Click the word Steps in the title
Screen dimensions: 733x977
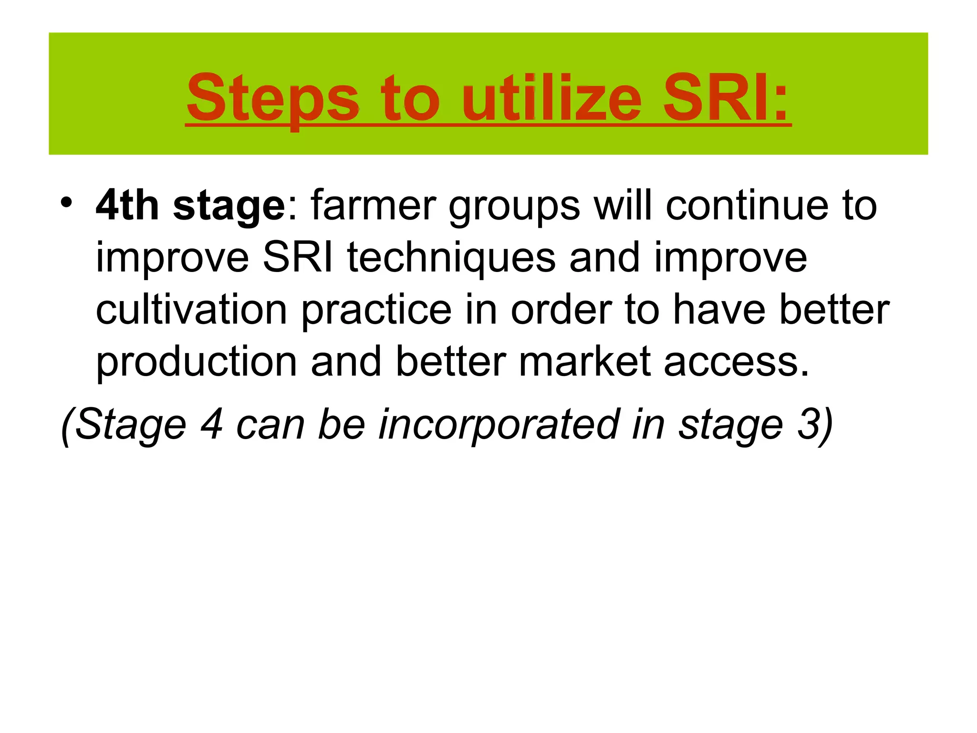[272, 99]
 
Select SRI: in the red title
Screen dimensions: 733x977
[726, 99]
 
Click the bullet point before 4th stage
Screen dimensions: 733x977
[66, 202]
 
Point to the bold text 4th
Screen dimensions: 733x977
[127, 206]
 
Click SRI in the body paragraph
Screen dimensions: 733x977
[298, 258]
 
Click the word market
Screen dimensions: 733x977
[584, 362]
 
